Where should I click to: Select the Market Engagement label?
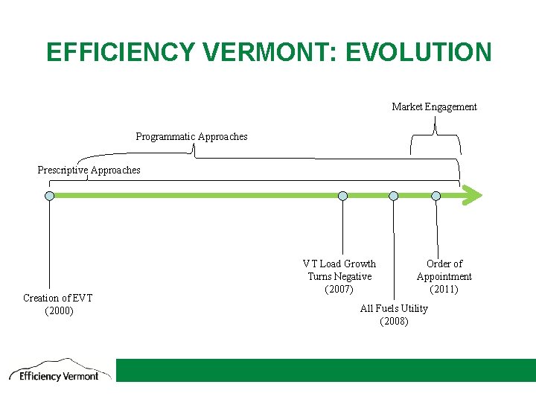pyautogui.click(x=434, y=107)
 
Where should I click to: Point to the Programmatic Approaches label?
pyautogui.click(x=191, y=137)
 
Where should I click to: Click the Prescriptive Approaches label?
pyautogui.click(x=89, y=170)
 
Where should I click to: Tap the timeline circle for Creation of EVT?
pyautogui.click(x=49, y=196)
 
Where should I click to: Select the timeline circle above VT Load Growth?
pyautogui.click(x=342, y=196)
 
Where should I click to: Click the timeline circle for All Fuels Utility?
pyautogui.click(x=393, y=196)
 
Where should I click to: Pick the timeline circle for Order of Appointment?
pyautogui.click(x=436, y=196)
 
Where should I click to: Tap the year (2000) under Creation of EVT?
pyautogui.click(x=59, y=311)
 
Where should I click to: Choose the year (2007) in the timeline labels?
pyautogui.click(x=339, y=290)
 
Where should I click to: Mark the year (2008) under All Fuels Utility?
pyautogui.click(x=394, y=322)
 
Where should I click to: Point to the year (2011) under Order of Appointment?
pyautogui.click(x=444, y=290)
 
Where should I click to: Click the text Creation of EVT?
pyautogui.click(x=58, y=299)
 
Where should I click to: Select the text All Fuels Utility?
pyautogui.click(x=394, y=309)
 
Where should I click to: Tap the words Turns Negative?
pyautogui.click(x=339, y=277)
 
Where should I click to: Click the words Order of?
pyautogui.click(x=444, y=264)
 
